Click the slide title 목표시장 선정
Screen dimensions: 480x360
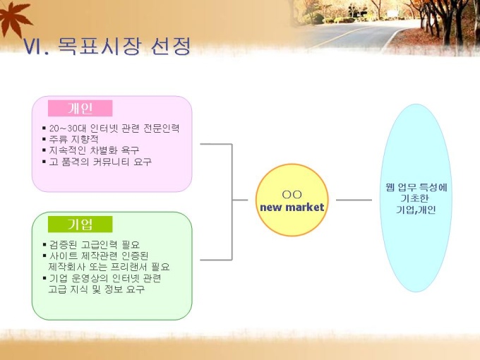[124, 47]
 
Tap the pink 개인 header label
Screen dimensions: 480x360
[80, 108]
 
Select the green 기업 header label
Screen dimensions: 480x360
[80, 224]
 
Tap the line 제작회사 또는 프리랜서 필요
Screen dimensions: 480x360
[109, 267]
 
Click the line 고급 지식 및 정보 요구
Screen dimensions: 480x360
[97, 289]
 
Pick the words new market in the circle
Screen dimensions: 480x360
[292, 208]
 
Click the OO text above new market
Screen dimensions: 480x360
[292, 194]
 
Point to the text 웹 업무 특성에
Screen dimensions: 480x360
[416, 187]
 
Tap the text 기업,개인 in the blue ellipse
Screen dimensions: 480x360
[416, 210]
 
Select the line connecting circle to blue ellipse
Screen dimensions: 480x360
[354, 200]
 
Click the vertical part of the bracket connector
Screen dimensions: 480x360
[232, 202]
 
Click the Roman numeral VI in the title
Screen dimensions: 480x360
[32, 47]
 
